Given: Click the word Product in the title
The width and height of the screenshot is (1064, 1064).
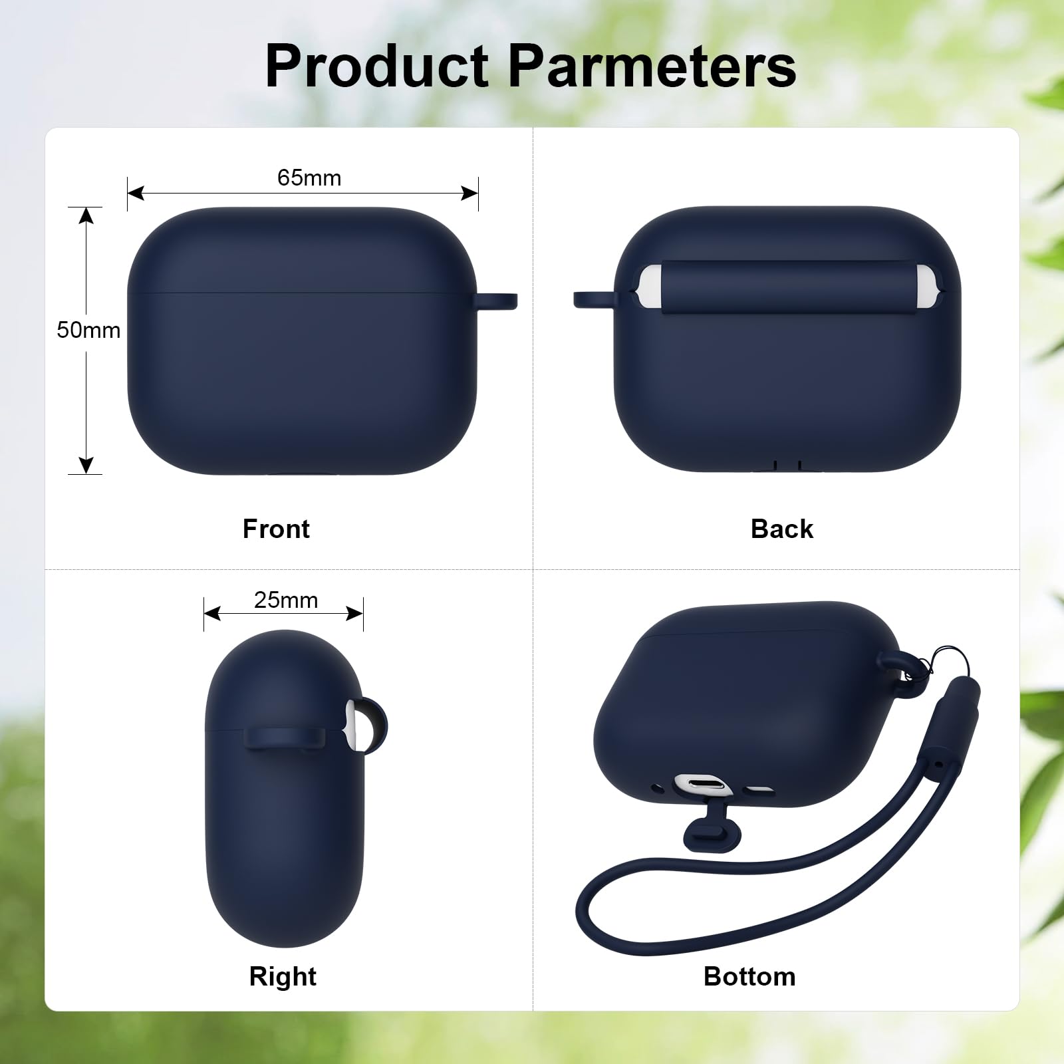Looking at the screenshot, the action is pos(377,66).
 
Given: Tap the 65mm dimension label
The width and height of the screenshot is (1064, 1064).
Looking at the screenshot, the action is pos(309,178).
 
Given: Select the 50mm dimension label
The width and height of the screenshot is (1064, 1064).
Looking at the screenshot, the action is pos(88,330).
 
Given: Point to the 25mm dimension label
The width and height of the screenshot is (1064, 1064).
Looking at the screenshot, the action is pos(286,600).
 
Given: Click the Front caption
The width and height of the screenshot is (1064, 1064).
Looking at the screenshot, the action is pos(276,529).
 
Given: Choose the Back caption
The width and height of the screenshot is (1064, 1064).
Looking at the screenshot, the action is pos(782,529).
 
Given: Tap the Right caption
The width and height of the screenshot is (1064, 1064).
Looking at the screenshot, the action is pos(283,976).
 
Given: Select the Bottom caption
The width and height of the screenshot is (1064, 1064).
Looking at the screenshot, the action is pos(749,976).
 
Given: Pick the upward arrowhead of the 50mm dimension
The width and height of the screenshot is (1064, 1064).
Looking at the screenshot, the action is pos(86,215).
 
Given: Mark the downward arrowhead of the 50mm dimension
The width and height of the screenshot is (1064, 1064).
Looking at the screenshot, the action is pos(86,465).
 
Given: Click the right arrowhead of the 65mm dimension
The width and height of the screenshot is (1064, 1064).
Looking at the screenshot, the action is pos(470,194).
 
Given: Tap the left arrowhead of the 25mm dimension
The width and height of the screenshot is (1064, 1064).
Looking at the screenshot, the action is pos(212,613).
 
